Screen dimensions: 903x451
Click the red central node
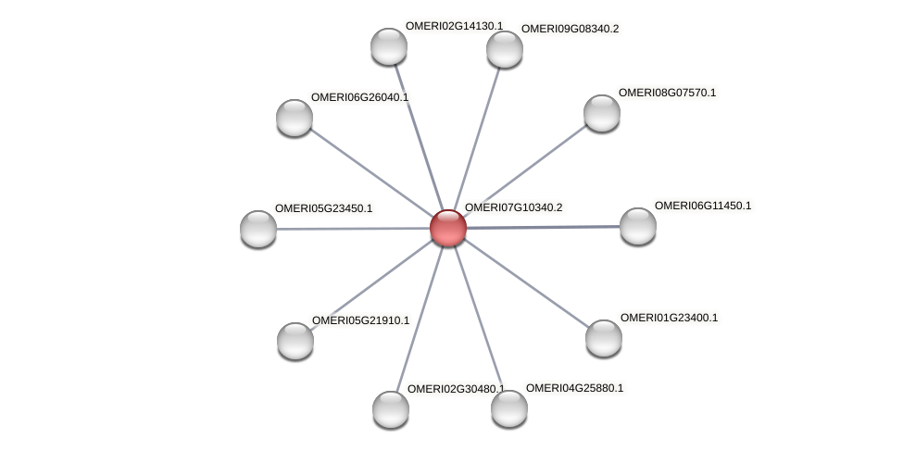pyautogui.click(x=448, y=228)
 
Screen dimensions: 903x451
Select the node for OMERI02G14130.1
pyautogui.click(x=389, y=46)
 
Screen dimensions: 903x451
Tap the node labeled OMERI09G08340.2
pyautogui.click(x=505, y=50)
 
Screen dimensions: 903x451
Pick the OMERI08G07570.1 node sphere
pyautogui.click(x=602, y=114)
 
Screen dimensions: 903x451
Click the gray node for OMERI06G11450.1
pyautogui.click(x=638, y=226)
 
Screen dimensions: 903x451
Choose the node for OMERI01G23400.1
pyautogui.click(x=604, y=338)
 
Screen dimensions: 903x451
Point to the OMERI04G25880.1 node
pyautogui.click(x=509, y=409)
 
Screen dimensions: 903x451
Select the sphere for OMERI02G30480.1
pyautogui.click(x=391, y=409)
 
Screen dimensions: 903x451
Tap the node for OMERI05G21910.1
pyautogui.click(x=295, y=341)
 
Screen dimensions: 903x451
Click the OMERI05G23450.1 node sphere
pyautogui.click(x=258, y=230)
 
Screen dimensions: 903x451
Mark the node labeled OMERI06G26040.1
pyautogui.click(x=295, y=119)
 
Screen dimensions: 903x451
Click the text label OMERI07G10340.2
pyautogui.click(x=513, y=207)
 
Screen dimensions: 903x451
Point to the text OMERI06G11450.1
pyautogui.click(x=703, y=206)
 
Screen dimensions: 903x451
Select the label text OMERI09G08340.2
pyautogui.click(x=570, y=29)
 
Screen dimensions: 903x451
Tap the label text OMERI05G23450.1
pyautogui.click(x=323, y=208)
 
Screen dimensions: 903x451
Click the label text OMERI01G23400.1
pyautogui.click(x=669, y=318)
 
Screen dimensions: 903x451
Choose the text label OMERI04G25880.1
pyautogui.click(x=574, y=388)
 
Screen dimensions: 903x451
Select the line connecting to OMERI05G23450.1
pyautogui.click(x=353, y=229)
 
